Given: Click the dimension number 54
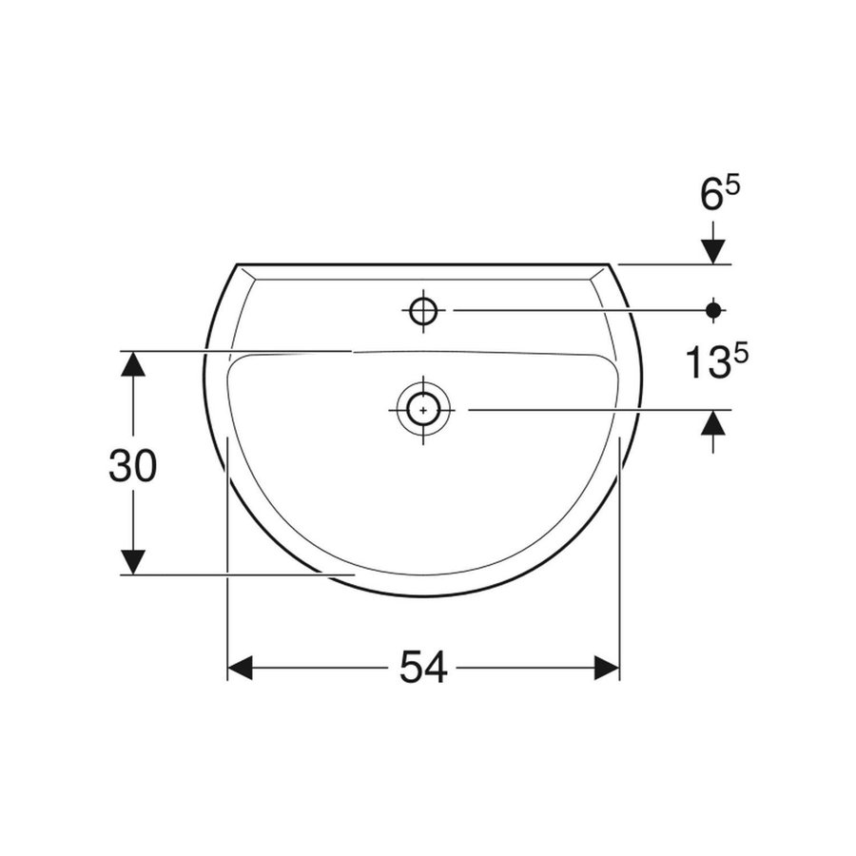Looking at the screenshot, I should (423, 669).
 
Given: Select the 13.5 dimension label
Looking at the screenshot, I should (716, 360).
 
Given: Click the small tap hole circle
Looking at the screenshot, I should (422, 310).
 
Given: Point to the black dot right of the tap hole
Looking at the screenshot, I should (713, 309).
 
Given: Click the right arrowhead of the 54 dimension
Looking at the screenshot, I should (607, 669).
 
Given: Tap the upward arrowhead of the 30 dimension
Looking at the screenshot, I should (134, 364).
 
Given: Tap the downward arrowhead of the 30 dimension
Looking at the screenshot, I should (134, 561).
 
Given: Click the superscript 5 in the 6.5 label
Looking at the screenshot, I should (733, 187).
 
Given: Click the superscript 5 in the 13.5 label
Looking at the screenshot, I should (742, 351).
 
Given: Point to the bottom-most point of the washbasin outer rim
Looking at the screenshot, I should (423, 596).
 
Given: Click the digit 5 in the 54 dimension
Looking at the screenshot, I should (410, 669).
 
